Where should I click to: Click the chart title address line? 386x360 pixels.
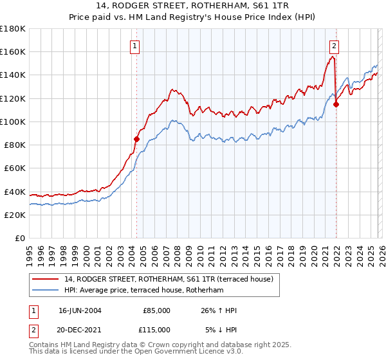point(193,6)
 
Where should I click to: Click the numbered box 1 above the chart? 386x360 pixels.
point(135,46)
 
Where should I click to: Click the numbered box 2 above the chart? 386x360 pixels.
point(335,46)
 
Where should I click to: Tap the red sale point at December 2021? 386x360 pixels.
point(336,104)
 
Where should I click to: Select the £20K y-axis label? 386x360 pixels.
point(15,215)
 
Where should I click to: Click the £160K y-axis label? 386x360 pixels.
point(13,51)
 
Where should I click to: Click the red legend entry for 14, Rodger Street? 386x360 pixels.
point(169,279)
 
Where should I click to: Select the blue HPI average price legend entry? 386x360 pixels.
point(143,291)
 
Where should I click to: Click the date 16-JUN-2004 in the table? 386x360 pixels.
point(79,310)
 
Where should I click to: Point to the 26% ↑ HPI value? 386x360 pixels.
point(218,310)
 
